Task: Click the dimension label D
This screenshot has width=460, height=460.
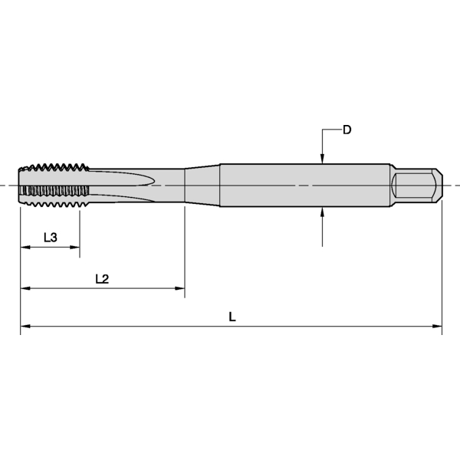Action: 347,130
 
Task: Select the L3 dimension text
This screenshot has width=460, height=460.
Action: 50,238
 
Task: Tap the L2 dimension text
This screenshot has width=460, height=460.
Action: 102,279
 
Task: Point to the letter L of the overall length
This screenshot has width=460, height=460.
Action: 232,317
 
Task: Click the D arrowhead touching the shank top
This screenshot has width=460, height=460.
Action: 323,159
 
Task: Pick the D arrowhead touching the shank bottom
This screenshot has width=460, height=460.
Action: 323,212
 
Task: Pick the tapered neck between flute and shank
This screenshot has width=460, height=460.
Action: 202,186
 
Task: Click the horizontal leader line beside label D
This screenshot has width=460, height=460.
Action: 331,130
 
